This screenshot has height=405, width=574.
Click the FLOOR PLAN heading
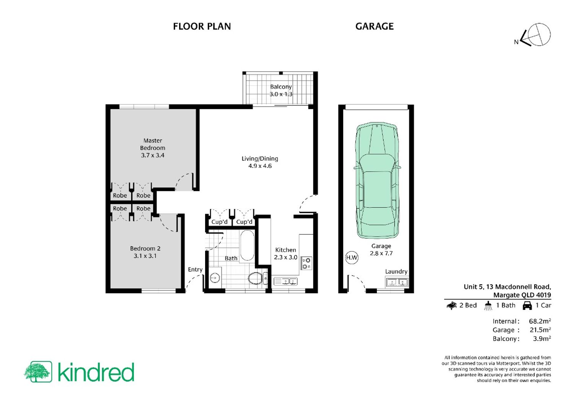coord(202,26)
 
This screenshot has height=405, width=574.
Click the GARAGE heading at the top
coord(374,26)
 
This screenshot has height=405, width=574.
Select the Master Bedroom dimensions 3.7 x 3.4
coord(152,155)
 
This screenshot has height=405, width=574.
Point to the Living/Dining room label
coord(260,159)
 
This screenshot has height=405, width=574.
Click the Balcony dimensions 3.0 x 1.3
coord(281,94)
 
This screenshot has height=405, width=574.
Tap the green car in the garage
coord(377,181)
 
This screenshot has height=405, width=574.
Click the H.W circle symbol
coord(352,258)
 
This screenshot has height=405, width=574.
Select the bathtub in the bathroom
coord(247,246)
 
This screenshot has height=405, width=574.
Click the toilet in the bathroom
coord(258,278)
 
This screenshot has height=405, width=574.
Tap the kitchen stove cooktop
coord(306,263)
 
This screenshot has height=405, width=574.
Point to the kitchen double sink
coord(286,281)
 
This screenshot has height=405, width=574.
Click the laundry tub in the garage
coord(397,281)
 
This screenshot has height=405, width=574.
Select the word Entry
coord(195,270)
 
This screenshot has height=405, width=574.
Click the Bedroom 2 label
coord(145,249)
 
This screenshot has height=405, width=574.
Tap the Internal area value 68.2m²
coord(540,321)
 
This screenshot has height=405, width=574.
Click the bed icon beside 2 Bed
coord(452,305)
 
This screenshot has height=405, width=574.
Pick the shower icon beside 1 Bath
coord(488,306)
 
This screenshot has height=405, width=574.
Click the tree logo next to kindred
coord(38,372)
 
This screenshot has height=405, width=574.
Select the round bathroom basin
coord(215,278)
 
